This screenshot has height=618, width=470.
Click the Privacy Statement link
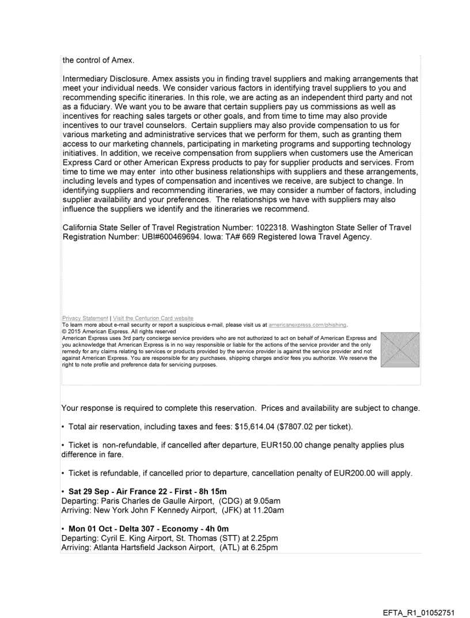click(x=85, y=319)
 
